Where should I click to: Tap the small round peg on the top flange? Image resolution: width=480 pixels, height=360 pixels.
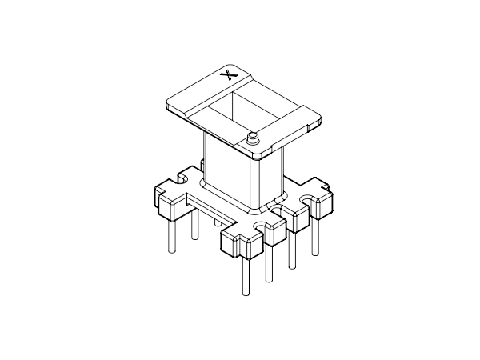[x=254, y=138]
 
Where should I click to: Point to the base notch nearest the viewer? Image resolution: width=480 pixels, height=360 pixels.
[x=258, y=233]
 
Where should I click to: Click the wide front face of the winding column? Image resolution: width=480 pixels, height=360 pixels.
[x=229, y=172]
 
